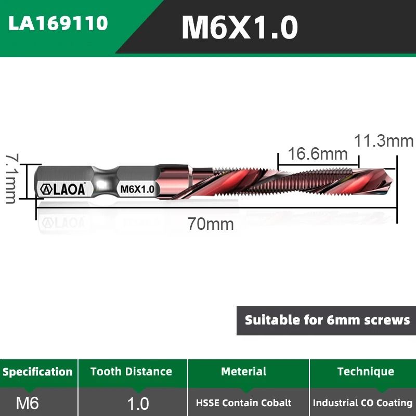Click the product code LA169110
58,23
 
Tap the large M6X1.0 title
240,28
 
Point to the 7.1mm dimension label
10,178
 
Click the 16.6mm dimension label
318,153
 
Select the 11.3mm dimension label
384,141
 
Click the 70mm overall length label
211,224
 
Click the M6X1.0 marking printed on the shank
137,189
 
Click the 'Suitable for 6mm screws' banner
327,320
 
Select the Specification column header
37,372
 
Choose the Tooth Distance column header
131,371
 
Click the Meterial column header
243,371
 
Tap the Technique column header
366,371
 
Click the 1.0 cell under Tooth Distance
138,403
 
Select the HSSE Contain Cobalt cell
244,403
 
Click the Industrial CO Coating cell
362,403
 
